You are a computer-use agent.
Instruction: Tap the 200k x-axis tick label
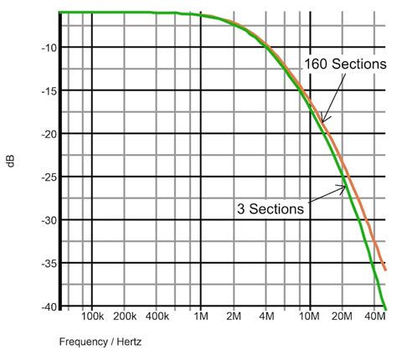[x=125, y=319]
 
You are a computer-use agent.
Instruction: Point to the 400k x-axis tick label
[x=157, y=319]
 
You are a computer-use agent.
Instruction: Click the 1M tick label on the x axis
[x=201, y=319]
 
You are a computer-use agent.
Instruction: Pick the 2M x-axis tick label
[x=234, y=319]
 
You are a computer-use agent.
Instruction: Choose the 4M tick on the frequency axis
[x=267, y=319]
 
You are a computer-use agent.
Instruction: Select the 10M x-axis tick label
[x=310, y=319]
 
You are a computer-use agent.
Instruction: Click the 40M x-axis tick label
[x=376, y=319]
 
